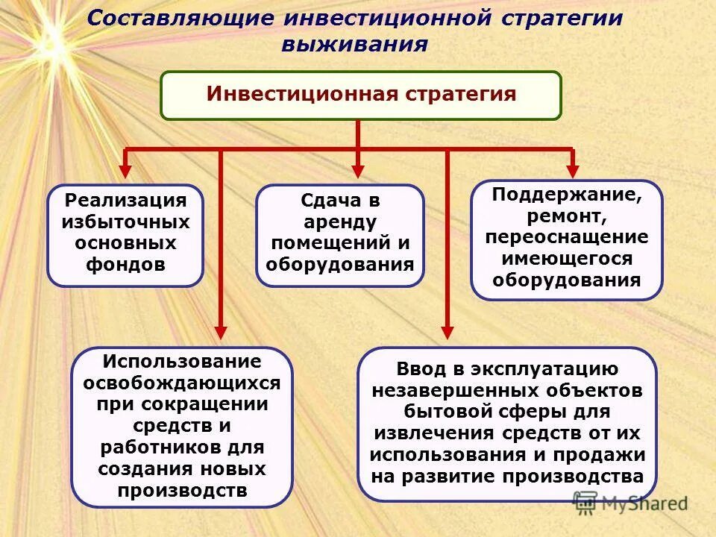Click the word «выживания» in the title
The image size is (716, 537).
point(354,44)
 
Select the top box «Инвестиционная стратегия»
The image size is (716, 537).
point(361,95)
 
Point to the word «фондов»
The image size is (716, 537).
point(125,265)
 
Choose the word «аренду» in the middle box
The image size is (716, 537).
point(339,222)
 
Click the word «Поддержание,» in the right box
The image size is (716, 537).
point(566,195)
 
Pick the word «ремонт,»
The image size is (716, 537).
point(566,216)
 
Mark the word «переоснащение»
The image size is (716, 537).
point(566,237)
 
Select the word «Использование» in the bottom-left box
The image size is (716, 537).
point(182,362)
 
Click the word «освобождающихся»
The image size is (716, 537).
point(182,383)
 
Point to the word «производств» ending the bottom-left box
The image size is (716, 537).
point(182,491)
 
